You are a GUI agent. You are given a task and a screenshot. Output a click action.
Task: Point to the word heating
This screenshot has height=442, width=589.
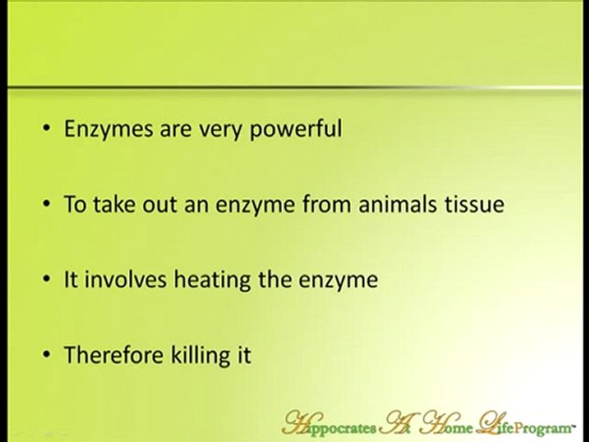(x=202, y=281)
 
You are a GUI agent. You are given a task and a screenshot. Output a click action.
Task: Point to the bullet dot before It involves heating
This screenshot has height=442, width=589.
(x=47, y=281)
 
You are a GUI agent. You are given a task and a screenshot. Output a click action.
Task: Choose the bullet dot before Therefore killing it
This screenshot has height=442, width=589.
(x=47, y=355)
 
